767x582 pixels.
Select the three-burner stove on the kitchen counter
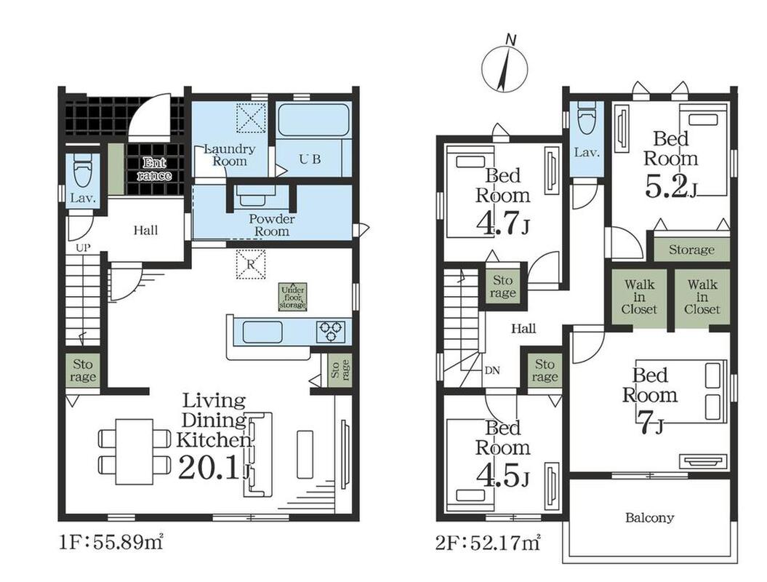332,331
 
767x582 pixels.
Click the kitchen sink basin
262,332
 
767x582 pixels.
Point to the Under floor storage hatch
292,297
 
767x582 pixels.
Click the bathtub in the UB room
313,121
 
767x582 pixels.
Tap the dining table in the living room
134,452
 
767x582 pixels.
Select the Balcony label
650,517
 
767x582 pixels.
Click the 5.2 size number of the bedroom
667,186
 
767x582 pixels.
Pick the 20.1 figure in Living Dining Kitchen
210,468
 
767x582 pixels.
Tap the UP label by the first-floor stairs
83,248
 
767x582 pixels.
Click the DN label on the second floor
492,370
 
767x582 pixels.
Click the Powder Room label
272,226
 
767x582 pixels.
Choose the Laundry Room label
230,155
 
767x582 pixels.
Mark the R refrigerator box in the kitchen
251,264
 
